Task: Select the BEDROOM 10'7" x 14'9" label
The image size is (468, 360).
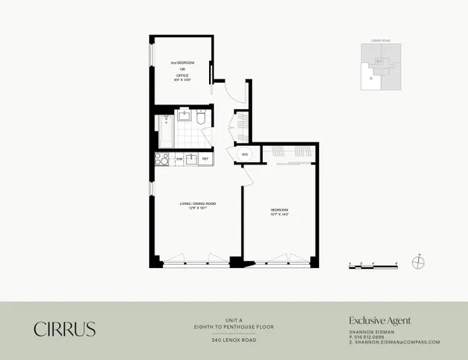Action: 279,211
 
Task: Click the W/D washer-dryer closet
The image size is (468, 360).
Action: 244,154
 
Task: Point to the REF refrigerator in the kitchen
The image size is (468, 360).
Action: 205,159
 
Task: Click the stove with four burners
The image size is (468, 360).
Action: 162,159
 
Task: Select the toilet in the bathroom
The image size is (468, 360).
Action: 202,118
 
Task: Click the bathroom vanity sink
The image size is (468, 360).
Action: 185,118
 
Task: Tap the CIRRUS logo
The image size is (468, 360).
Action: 64,329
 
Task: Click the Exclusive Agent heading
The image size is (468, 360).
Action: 379,320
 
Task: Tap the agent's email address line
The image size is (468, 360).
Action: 395,342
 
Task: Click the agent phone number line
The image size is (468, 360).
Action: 368,337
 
